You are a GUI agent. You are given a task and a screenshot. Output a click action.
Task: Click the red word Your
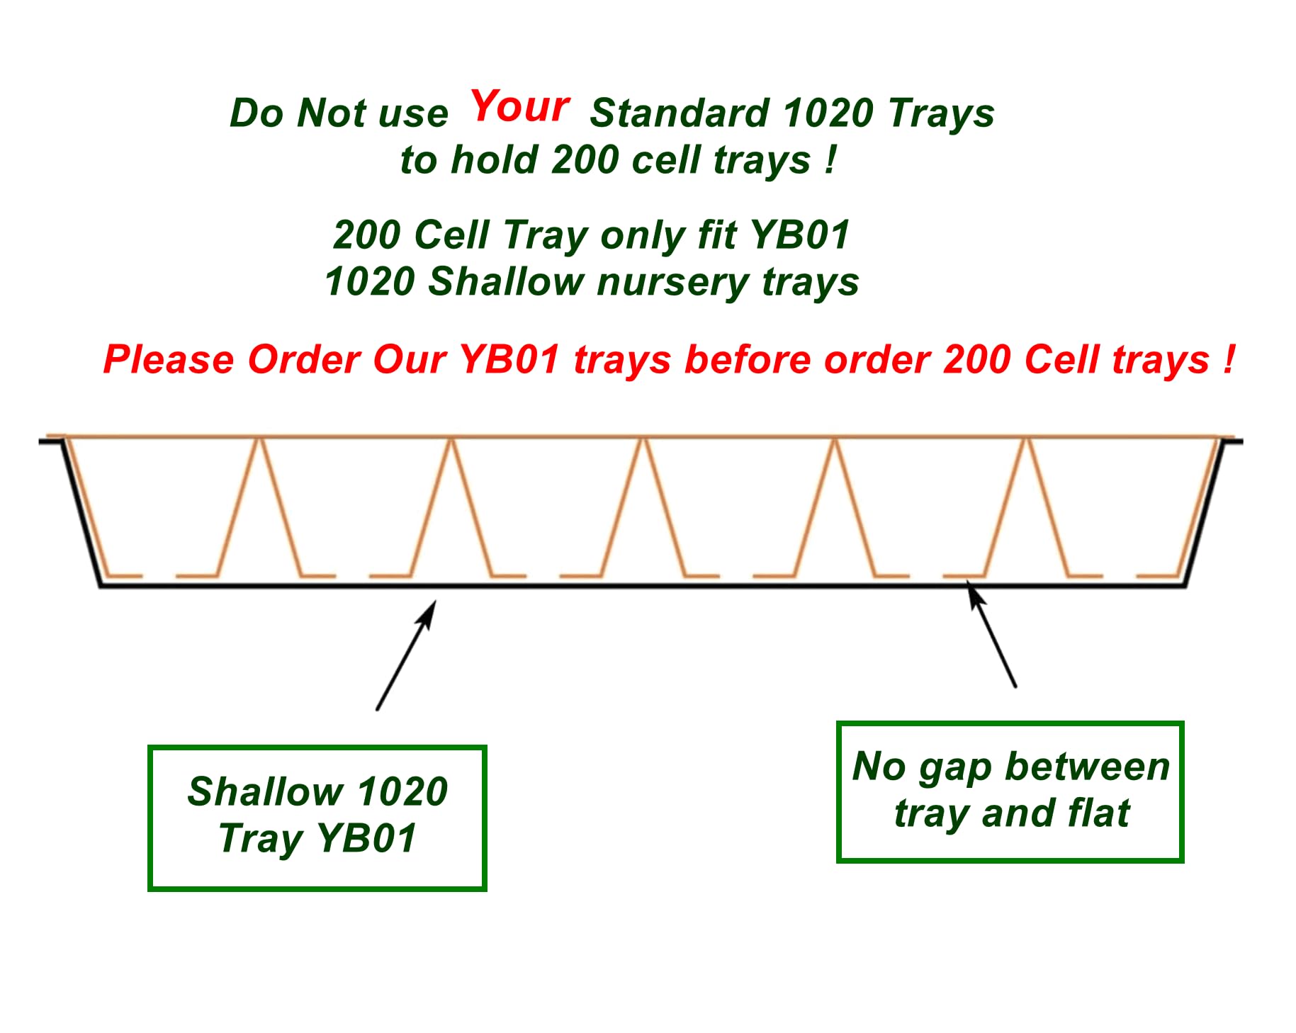pyautogui.click(x=520, y=106)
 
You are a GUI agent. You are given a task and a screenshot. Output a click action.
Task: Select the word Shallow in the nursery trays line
pyautogui.click(x=505, y=281)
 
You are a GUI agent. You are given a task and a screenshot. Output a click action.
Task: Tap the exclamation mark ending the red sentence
pyautogui.click(x=1228, y=359)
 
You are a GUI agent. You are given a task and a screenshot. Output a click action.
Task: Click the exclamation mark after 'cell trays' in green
pyautogui.click(x=830, y=159)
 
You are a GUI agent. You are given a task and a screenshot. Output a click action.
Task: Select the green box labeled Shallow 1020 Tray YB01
pyautogui.click(x=317, y=818)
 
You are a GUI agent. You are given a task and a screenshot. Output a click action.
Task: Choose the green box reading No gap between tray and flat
pyautogui.click(x=1010, y=791)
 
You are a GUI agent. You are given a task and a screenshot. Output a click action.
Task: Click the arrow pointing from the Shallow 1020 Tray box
pyautogui.click(x=405, y=655)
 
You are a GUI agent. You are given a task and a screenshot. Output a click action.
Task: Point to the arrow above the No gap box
pyautogui.click(x=991, y=633)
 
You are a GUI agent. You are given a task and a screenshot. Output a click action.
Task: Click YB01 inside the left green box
pyautogui.click(x=367, y=838)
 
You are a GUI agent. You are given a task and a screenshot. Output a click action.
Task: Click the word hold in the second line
pyautogui.click(x=494, y=159)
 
